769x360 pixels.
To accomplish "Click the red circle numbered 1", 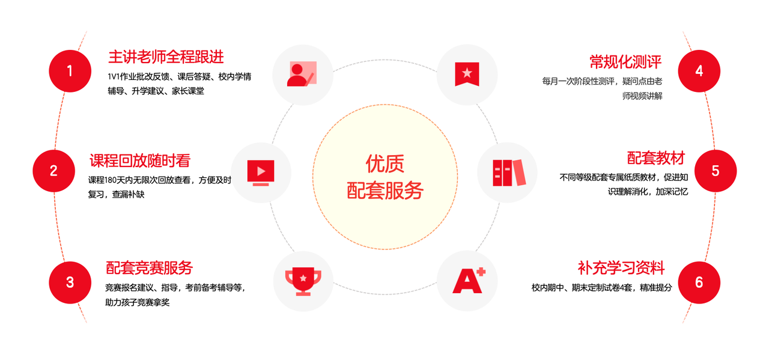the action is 70,72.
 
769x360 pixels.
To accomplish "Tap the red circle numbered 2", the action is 53,171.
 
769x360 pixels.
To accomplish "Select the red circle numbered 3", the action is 70,282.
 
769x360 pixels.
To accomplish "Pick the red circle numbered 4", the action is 699,72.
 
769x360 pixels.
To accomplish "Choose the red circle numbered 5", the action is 715,171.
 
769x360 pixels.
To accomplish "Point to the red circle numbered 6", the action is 699,282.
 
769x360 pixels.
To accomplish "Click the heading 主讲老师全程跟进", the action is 166,57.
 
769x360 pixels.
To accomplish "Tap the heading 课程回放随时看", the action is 140,160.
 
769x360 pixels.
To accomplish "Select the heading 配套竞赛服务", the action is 149,267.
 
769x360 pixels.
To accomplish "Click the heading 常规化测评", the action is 625,61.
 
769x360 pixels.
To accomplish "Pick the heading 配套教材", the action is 656,158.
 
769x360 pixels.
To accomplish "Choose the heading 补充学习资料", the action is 621,267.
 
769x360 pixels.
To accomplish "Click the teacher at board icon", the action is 302,74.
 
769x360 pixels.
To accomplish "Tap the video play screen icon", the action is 261,172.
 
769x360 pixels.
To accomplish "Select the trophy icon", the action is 303,281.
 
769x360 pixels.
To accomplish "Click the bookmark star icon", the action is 467,74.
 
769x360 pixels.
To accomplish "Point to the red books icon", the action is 508,172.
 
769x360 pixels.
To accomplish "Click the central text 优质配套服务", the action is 385,177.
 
